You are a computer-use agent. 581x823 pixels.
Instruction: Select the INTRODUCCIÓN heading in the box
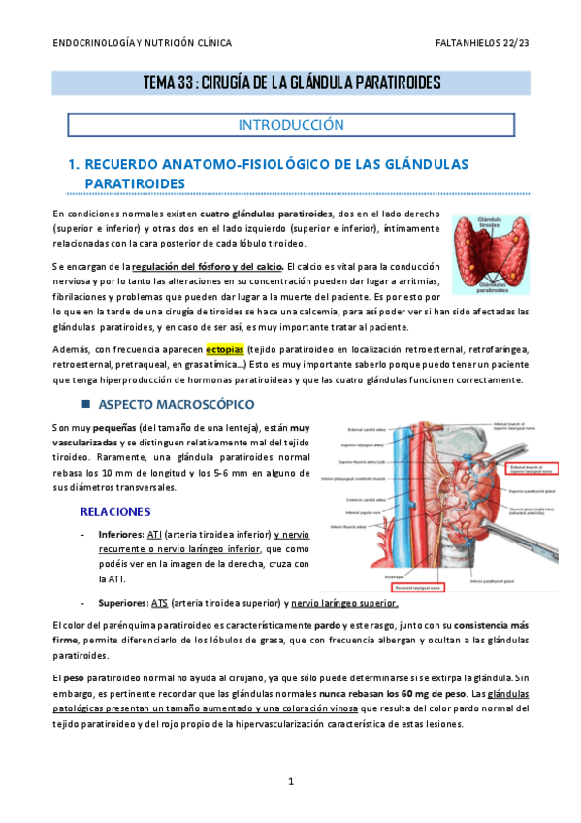[x=291, y=125]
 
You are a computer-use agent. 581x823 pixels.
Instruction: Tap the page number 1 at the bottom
[x=290, y=781]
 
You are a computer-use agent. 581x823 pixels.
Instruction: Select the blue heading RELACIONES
[x=114, y=510]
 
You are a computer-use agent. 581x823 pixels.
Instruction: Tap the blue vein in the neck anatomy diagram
[x=399, y=485]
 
